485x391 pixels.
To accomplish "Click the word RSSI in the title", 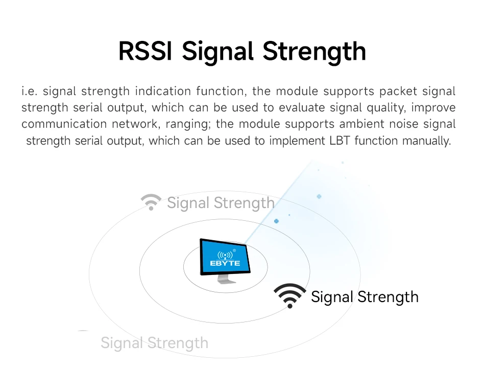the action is pyautogui.click(x=145, y=51).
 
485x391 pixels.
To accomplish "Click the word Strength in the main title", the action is pyautogui.click(x=314, y=53).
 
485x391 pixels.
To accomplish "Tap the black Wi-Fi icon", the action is pyautogui.click(x=290, y=295).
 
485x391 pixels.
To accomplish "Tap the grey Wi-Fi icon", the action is pyautogui.click(x=151, y=202).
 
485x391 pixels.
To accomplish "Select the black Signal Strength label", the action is pyautogui.click(x=365, y=297).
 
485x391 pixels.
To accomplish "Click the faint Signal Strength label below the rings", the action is pyautogui.click(x=154, y=343).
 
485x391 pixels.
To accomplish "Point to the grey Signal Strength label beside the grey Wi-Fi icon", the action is pyautogui.click(x=221, y=203).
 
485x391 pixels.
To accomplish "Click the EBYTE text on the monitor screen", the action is pyautogui.click(x=225, y=263).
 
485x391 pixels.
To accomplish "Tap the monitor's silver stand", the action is pyautogui.click(x=226, y=279).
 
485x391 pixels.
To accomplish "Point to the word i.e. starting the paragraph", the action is pyautogui.click(x=30, y=91).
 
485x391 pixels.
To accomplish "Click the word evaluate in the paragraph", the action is pyautogui.click(x=302, y=108).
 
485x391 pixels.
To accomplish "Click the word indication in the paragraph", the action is pyautogui.click(x=163, y=91).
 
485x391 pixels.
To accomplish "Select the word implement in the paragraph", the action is pyautogui.click(x=297, y=142).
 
